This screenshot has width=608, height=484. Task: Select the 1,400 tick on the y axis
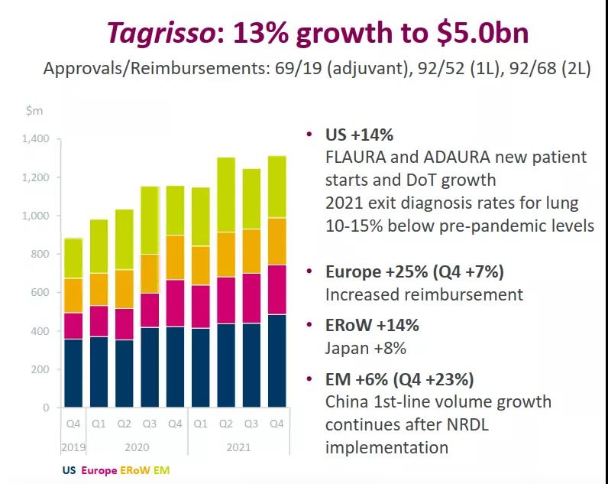(36, 139)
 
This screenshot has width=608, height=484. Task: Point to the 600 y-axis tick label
(40, 293)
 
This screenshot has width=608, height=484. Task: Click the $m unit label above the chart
(34, 111)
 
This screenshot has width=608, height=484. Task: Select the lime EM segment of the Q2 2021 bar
(226, 194)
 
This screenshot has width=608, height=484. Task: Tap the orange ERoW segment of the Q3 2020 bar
(150, 274)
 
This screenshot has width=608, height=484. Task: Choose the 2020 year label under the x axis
(137, 447)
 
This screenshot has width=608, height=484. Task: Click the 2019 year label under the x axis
(73, 447)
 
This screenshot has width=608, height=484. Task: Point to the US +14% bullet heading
(359, 135)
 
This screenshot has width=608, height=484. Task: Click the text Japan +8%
(365, 348)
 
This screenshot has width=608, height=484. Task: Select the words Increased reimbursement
(424, 294)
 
